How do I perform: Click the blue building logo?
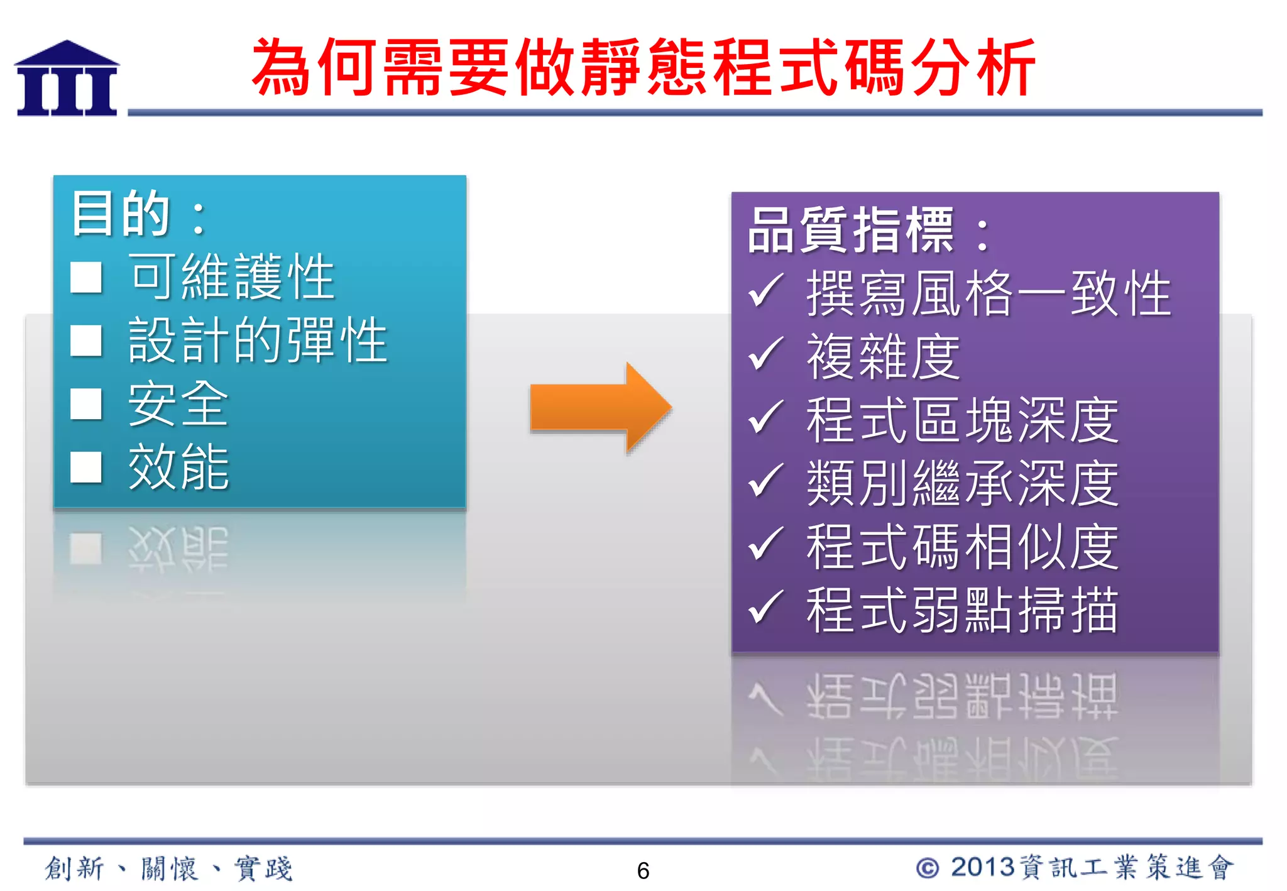click(67, 79)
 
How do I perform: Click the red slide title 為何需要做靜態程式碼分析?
click(643, 67)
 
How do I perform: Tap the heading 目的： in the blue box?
click(138, 214)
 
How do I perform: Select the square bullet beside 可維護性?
click(86, 277)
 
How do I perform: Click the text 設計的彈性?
click(258, 340)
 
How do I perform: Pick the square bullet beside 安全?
click(86, 403)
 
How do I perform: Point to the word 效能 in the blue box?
click(178, 466)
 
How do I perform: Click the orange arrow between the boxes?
click(600, 407)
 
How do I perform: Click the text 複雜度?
click(883, 356)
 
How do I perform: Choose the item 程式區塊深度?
click(961, 420)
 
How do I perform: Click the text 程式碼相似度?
click(961, 547)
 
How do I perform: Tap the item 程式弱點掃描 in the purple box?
click(961, 609)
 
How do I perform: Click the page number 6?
click(643, 871)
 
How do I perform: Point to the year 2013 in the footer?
click(982, 868)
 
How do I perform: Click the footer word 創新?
click(74, 868)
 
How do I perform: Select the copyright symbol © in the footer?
click(928, 868)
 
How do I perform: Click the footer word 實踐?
click(263, 868)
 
